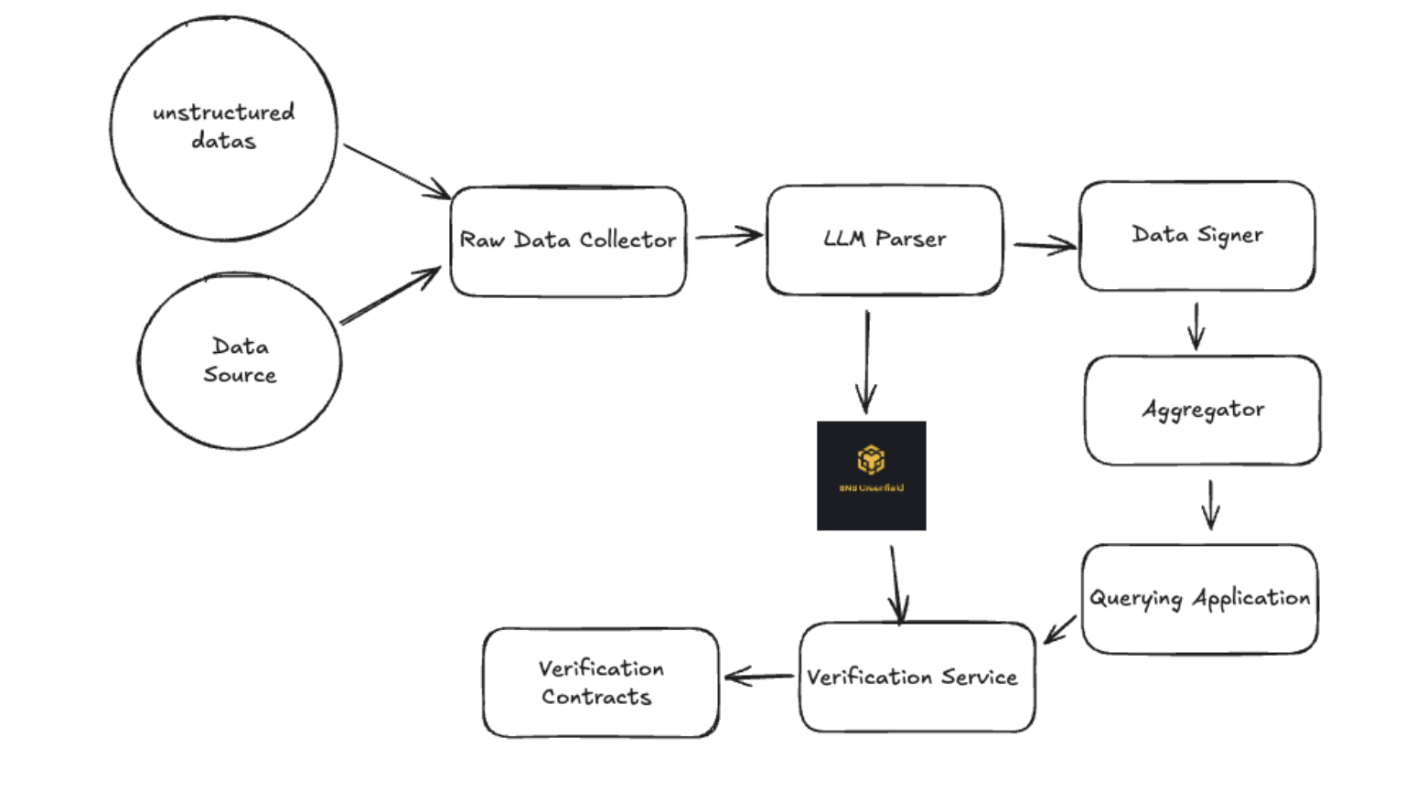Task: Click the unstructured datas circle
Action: pos(223,128)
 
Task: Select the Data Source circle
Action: pos(240,360)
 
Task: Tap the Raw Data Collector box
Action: pos(568,241)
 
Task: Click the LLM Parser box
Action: pos(885,240)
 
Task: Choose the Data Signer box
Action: pos(1196,236)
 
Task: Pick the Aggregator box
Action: pos(1203,410)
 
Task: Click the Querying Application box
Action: pos(1199,599)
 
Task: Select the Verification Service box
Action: pos(917,678)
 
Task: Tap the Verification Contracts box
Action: pos(601,682)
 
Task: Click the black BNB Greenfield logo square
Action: pos(871,475)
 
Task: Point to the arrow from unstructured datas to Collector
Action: pos(395,170)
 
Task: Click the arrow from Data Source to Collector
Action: pos(390,296)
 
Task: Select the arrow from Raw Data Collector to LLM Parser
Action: pos(728,237)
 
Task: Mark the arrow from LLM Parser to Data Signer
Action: pos(1044,245)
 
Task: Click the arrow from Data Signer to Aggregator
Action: pos(1196,326)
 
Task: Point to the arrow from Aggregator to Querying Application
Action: pos(1211,505)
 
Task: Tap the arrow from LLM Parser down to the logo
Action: pos(866,362)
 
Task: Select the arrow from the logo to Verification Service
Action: pos(896,583)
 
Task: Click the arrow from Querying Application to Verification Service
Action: pos(1060,630)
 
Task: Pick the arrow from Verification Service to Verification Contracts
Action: pos(759,677)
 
